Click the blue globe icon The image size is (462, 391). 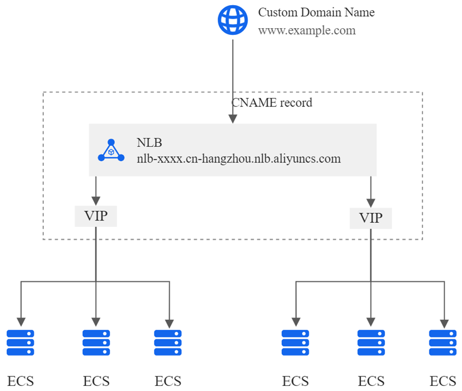point(233,21)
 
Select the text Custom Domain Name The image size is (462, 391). point(316,12)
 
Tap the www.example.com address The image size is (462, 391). point(307,30)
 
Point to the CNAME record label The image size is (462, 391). point(272,103)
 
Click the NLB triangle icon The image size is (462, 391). point(111,151)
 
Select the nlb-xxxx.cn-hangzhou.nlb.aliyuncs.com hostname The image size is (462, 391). point(238,159)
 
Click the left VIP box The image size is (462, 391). point(96,216)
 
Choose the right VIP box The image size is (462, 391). point(371,218)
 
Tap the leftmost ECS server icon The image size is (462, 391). point(21,343)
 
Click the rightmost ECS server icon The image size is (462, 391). point(443,343)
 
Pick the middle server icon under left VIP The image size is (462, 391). point(96,343)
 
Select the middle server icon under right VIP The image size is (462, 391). point(371,343)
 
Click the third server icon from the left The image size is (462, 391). point(168,343)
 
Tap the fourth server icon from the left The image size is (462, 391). point(296,343)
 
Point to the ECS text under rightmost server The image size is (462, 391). point(443,380)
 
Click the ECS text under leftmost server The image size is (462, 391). point(21,380)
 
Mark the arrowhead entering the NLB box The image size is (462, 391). point(233,119)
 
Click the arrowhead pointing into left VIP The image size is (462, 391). point(96,200)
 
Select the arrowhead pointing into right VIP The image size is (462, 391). point(371,202)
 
